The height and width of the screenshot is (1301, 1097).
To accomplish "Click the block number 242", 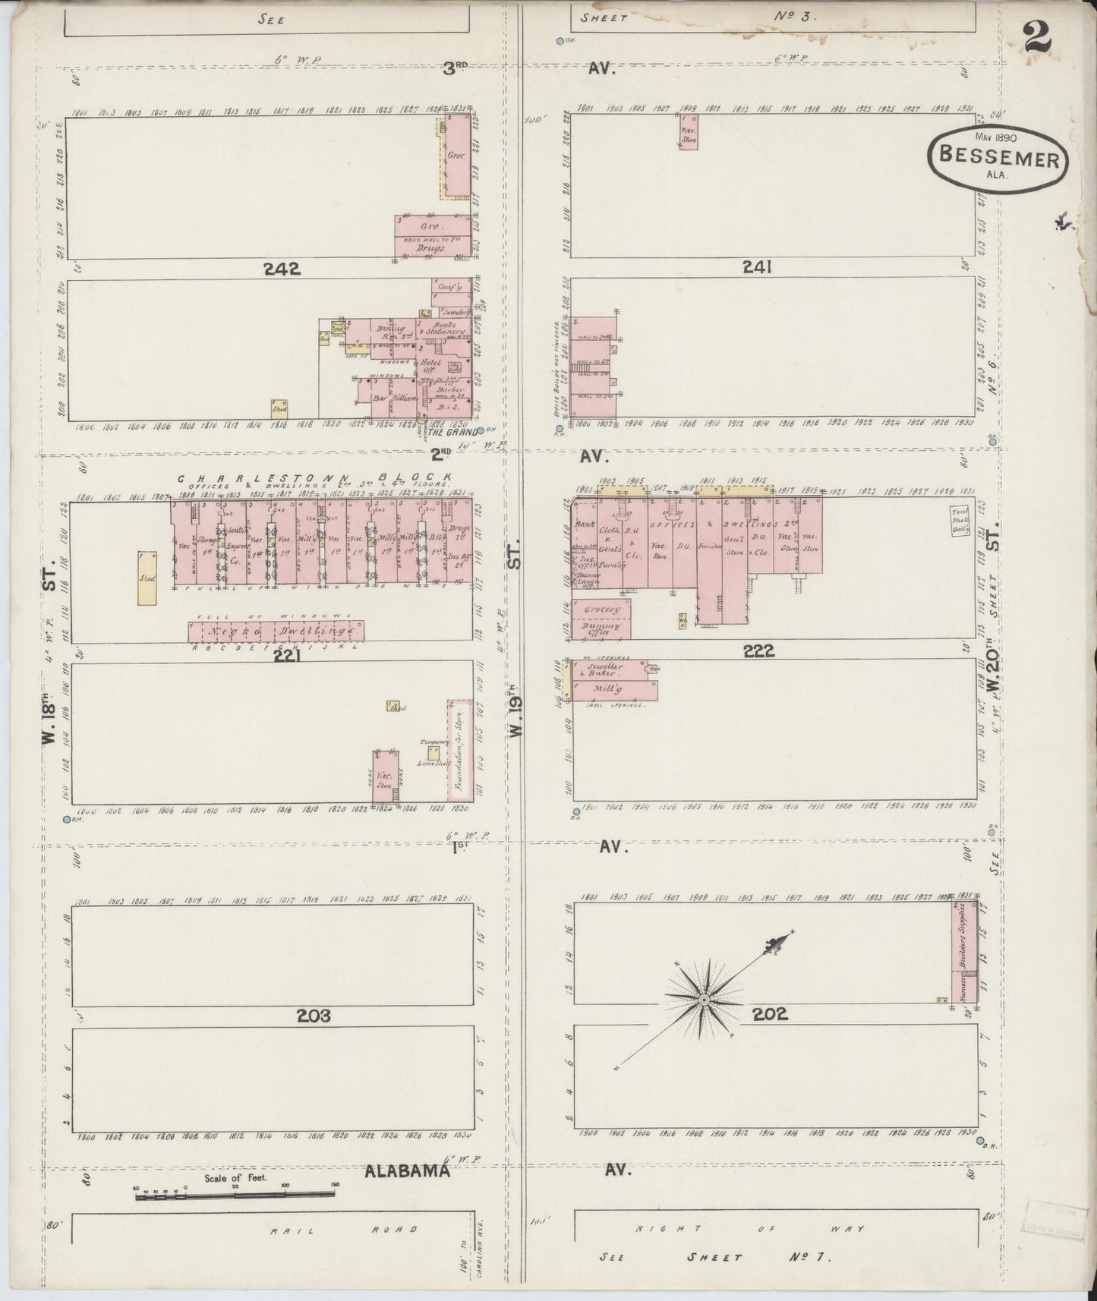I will click(x=282, y=268).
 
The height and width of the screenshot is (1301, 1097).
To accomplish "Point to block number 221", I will click(x=288, y=656).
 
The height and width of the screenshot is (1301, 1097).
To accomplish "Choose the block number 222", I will click(x=758, y=650).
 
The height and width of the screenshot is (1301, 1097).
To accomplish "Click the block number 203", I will click(x=314, y=1016).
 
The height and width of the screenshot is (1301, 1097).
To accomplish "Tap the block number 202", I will click(x=771, y=1013).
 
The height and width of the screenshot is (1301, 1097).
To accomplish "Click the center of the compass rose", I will click(x=704, y=1000).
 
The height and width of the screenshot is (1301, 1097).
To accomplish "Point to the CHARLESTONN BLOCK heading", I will click(x=315, y=478).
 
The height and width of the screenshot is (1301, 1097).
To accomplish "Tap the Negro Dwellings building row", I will click(x=276, y=632).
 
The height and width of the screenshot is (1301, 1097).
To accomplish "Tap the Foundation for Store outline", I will click(x=459, y=751).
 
